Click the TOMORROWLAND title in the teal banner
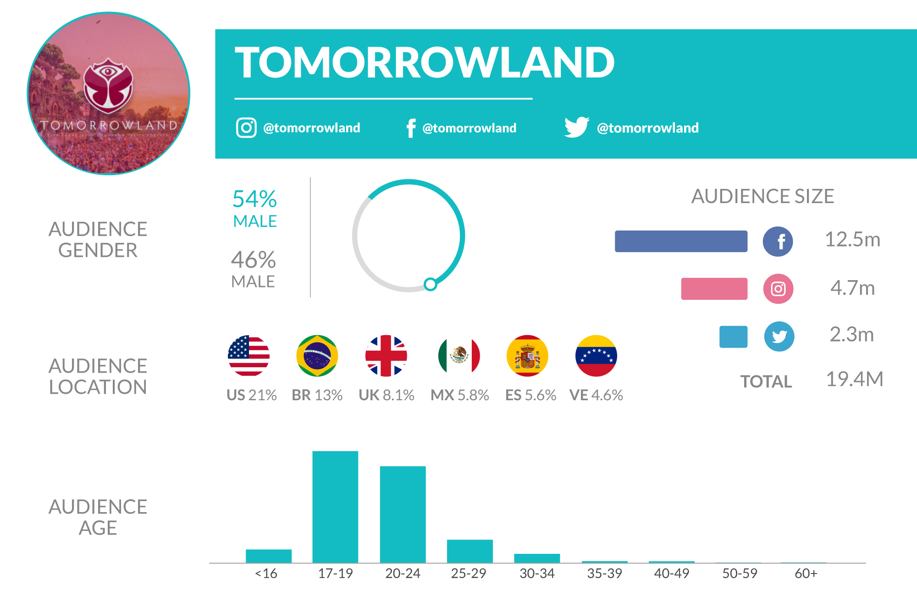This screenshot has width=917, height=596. [424, 63]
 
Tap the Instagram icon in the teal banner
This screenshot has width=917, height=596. [246, 127]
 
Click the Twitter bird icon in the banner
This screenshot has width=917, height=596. [576, 127]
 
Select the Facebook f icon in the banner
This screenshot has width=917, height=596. [411, 128]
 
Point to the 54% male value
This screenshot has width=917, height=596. [254, 199]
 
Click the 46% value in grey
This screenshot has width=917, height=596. [254, 260]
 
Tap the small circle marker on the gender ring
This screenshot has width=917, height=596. [430, 284]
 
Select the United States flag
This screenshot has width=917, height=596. [249, 356]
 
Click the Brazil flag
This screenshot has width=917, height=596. [317, 356]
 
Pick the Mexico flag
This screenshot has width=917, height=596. [459, 356]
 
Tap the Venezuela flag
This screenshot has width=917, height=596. [596, 356]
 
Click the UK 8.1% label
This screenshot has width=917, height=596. [387, 395]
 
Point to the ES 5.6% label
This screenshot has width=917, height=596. [530, 395]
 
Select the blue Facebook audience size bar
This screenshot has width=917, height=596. [681, 241]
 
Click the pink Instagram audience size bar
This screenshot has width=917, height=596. [714, 289]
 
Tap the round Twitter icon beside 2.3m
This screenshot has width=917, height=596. [779, 337]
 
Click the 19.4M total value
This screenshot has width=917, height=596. [854, 380]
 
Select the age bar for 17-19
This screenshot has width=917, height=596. [335, 507]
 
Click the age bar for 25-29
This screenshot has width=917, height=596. [470, 551]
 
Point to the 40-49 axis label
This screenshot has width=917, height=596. [671, 574]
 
